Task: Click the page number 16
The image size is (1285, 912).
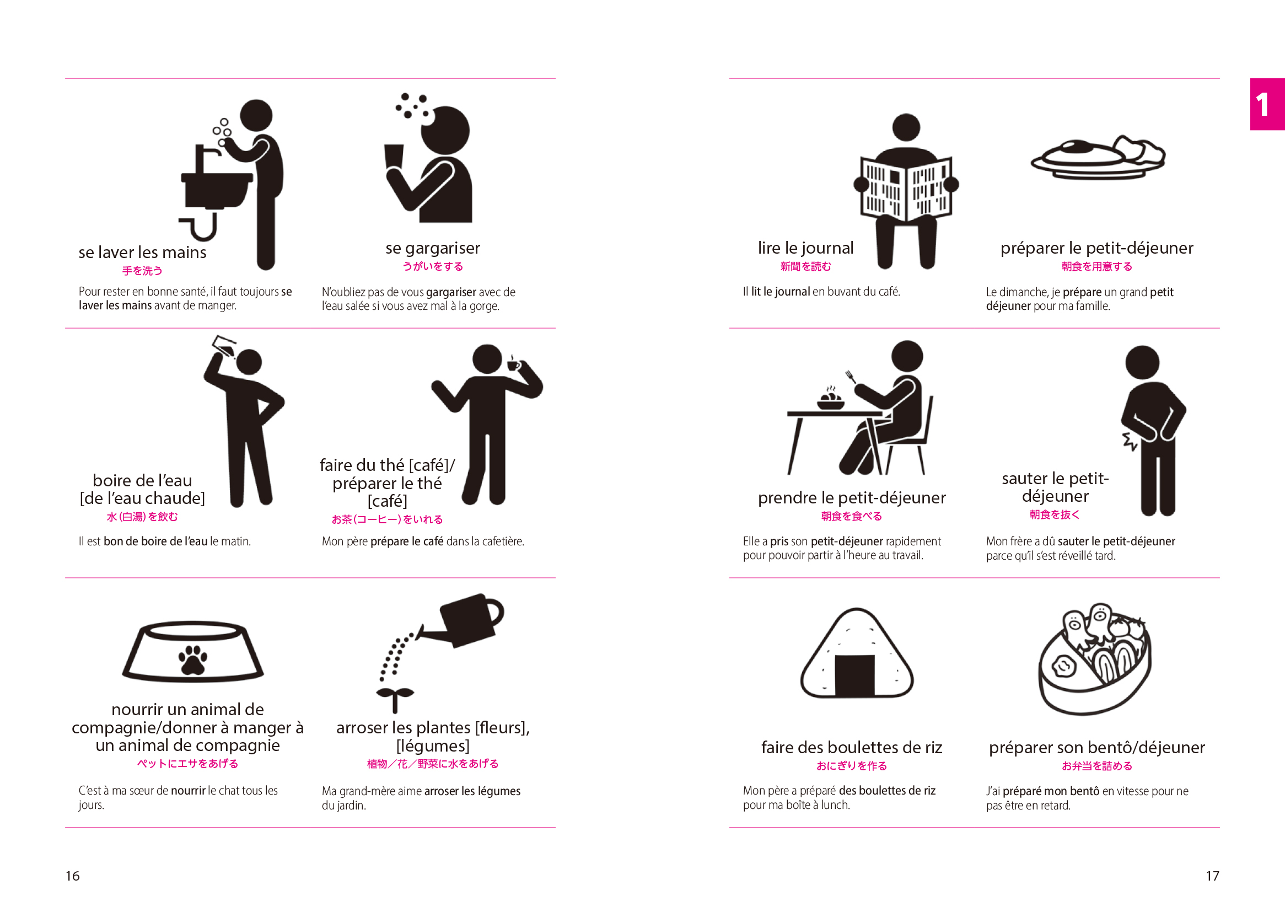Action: pos(72,876)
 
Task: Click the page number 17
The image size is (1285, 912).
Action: pos(1212,876)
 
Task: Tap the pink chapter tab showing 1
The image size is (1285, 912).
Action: pos(1267,104)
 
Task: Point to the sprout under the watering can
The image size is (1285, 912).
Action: pos(395,700)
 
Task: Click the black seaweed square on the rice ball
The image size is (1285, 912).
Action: pos(854,675)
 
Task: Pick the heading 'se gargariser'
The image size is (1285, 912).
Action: pos(433,248)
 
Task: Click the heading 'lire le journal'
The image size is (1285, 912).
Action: pos(805,248)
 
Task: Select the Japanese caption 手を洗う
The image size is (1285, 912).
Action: pos(143,271)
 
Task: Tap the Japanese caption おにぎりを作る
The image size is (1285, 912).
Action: pos(852,765)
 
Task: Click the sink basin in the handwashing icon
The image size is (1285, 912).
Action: pos(217,190)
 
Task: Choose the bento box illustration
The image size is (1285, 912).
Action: pos(1095,659)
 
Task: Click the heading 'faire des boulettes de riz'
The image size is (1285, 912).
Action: pos(852,747)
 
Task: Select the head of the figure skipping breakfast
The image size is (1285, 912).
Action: pos(1142,362)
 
